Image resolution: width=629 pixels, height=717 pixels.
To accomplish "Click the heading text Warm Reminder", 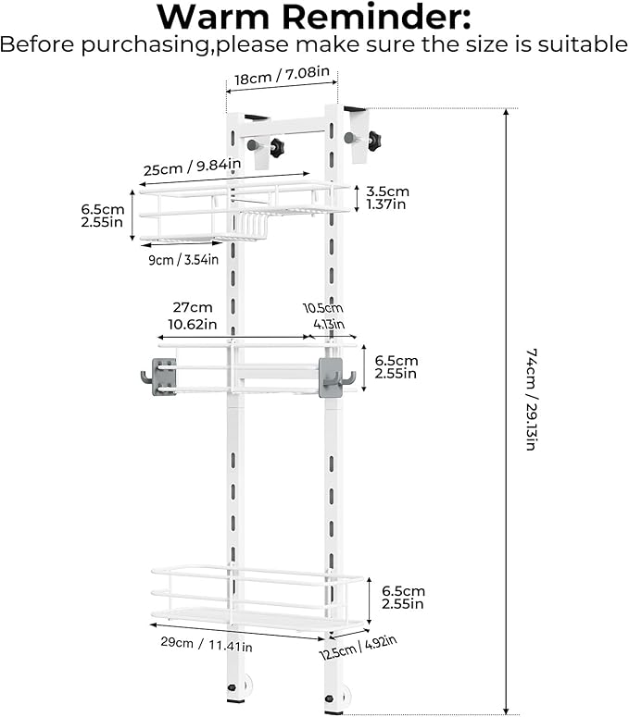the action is [314, 17].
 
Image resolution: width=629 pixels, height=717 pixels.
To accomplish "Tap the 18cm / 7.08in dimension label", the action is [282, 76].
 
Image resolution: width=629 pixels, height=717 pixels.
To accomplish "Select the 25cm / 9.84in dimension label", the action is [193, 167].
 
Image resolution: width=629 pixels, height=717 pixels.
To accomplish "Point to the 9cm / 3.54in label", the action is [183, 260].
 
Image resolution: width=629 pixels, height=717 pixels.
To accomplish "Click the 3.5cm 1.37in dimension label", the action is [387, 198].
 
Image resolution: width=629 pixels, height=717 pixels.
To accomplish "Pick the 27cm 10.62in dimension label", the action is [193, 315].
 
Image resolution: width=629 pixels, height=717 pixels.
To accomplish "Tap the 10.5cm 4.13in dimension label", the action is [324, 316].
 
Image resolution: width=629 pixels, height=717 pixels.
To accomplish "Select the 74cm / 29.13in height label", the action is [531, 400].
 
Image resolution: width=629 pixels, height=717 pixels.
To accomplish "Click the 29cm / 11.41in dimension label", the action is [207, 644].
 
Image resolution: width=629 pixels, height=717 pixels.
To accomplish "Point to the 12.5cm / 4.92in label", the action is [358, 648].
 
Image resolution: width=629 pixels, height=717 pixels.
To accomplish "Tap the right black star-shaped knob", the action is [374, 141].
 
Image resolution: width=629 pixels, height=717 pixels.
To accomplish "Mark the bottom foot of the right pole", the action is [336, 698].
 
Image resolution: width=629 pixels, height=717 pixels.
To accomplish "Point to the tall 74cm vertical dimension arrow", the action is [506, 411].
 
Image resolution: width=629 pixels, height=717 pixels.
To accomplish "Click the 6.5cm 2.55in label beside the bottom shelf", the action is [403, 598].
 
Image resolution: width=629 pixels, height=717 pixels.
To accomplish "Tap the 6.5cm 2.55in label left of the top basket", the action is [103, 216].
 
